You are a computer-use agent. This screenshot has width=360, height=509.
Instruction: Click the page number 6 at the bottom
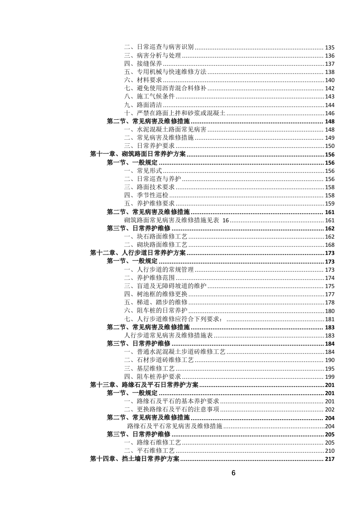233,473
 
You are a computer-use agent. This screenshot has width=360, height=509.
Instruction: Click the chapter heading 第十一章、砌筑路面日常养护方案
138,154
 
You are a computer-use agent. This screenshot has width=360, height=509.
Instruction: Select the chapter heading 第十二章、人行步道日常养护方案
138,253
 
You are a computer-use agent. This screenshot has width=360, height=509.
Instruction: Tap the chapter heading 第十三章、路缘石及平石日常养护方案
144,385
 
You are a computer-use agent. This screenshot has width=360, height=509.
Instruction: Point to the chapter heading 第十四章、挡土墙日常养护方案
135,459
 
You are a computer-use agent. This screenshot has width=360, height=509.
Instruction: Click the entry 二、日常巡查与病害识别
159,47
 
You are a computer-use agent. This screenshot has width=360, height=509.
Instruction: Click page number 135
330,47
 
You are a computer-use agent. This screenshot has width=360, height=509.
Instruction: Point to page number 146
330,113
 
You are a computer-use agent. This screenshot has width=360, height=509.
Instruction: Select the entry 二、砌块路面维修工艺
156,245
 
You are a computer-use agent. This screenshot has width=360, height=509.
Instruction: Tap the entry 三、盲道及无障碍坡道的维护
165,286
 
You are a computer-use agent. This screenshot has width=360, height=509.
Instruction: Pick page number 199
330,377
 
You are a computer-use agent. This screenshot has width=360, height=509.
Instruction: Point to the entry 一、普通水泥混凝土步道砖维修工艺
174,352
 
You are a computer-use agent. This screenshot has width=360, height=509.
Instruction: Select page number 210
330,450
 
